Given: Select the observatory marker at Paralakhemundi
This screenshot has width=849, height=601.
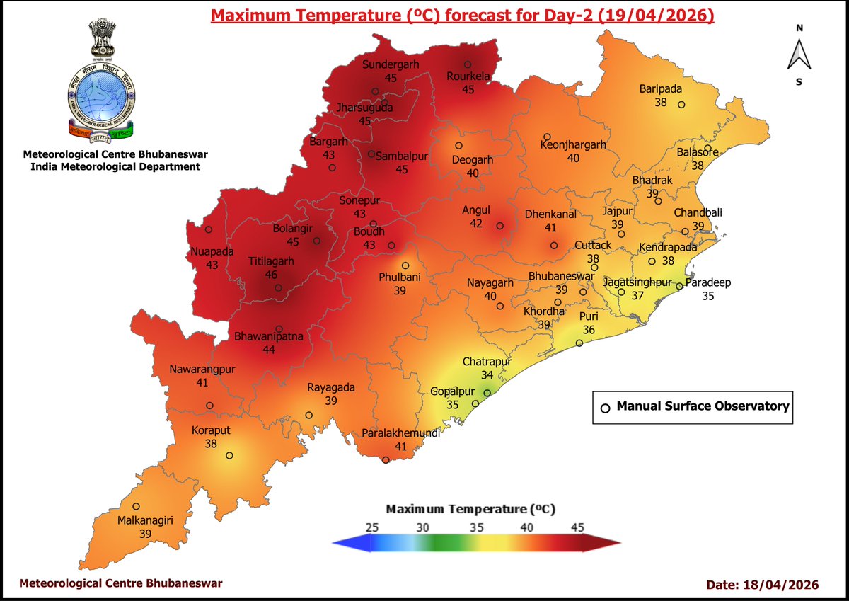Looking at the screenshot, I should tap(386, 460).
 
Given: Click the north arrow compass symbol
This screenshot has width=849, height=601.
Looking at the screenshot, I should tap(799, 55).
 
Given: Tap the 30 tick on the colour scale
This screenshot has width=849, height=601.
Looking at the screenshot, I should tap(423, 527).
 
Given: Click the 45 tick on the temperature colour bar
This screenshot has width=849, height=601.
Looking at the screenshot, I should tap(577, 527).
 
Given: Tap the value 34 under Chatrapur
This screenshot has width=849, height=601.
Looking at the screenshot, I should tap(487, 374).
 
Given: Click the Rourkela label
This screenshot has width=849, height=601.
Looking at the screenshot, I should tap(468, 76).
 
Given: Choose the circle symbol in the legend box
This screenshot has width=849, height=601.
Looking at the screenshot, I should tap(605, 408).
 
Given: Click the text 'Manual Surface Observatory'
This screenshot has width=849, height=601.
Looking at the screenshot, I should tap(702, 406).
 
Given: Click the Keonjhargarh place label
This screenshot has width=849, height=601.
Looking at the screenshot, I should tap(573, 144).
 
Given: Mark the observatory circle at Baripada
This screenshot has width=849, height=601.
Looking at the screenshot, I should tap(681, 105).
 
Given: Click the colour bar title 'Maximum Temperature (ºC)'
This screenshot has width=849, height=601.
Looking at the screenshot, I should tap(469, 509).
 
